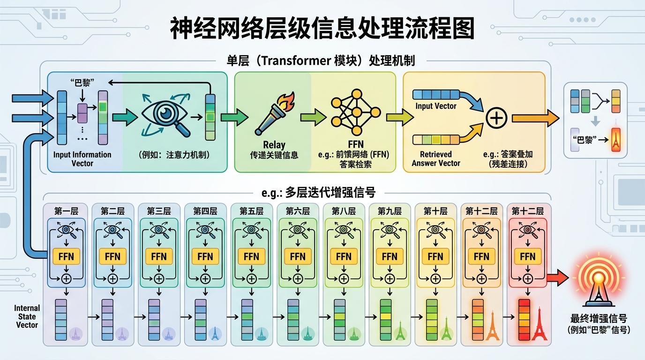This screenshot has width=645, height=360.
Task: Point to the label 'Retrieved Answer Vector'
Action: [x=436, y=158]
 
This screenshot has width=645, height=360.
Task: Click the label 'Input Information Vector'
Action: [x=82, y=159]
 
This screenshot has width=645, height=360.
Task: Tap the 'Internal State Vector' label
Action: [x=27, y=316]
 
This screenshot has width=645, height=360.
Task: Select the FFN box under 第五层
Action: [x=251, y=256]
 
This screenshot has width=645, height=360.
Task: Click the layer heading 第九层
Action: [x=390, y=211]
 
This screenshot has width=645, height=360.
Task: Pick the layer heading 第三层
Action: [x=158, y=211]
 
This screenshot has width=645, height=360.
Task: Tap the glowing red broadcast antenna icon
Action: [x=597, y=278]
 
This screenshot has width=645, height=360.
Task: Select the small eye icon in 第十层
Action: [x=435, y=230]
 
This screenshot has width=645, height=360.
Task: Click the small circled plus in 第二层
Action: [x=113, y=278]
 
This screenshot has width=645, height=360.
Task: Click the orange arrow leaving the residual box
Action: [x=534, y=118]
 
